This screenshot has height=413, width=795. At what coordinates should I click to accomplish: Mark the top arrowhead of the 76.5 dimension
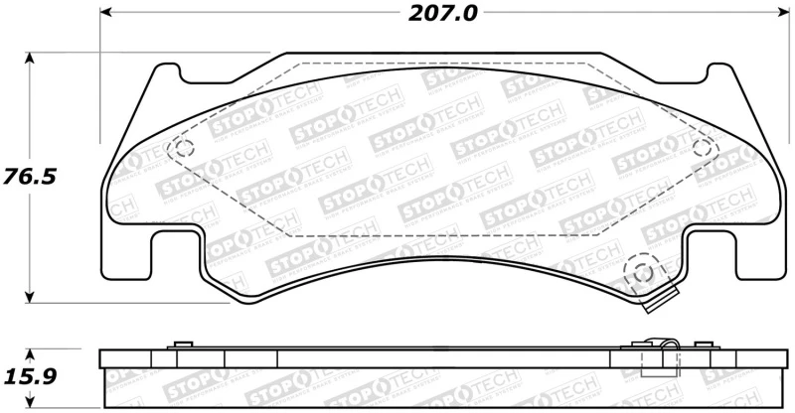click(x=31, y=59)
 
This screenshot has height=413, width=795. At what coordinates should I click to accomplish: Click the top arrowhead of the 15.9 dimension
click(x=31, y=353)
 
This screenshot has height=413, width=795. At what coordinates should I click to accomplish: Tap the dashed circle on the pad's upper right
click(x=704, y=148)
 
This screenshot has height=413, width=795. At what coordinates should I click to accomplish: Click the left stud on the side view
click(x=181, y=344)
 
